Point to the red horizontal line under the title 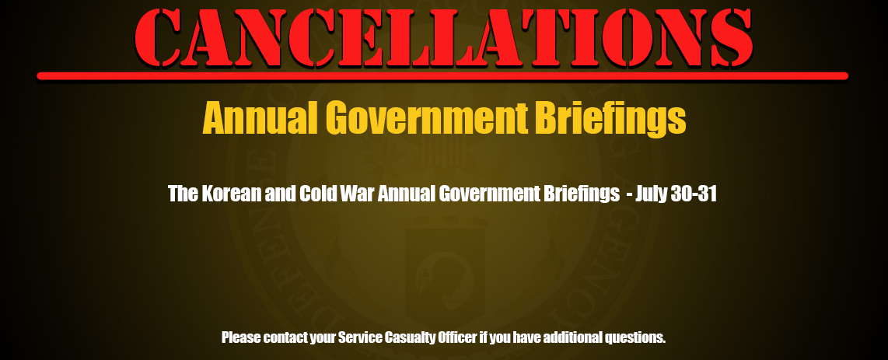click(442, 76)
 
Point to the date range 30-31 click(694, 194)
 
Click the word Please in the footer click(241, 338)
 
